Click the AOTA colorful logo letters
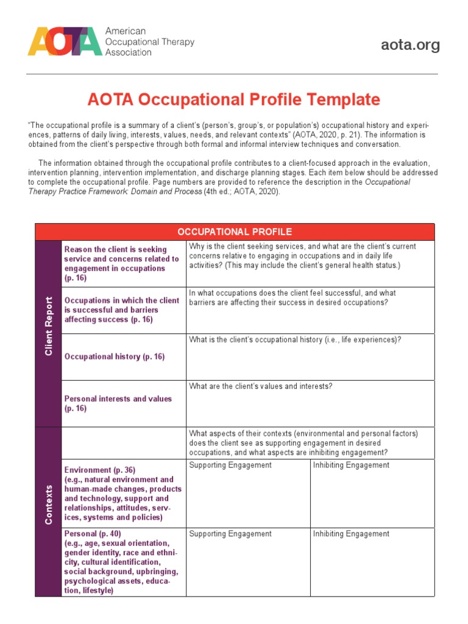pyautogui.click(x=65, y=41)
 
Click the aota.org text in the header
pyautogui.click(x=410, y=45)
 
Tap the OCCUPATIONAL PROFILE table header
pyautogui.click(x=235, y=232)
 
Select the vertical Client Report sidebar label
pyautogui.click(x=49, y=327)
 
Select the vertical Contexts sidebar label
pyautogui.click(x=49, y=505)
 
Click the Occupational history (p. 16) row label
pyautogui.click(x=115, y=357)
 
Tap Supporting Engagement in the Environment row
pyautogui.click(x=230, y=466)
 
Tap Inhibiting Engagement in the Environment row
pyautogui.click(x=351, y=466)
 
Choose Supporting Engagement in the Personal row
pyautogui.click(x=230, y=534)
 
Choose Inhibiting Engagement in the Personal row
pyautogui.click(x=351, y=534)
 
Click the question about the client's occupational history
pyautogui.click(x=295, y=340)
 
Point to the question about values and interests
pyautogui.click(x=260, y=386)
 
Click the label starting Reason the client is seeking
pyautogui.click(x=115, y=250)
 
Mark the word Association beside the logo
pyautogui.click(x=129, y=53)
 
